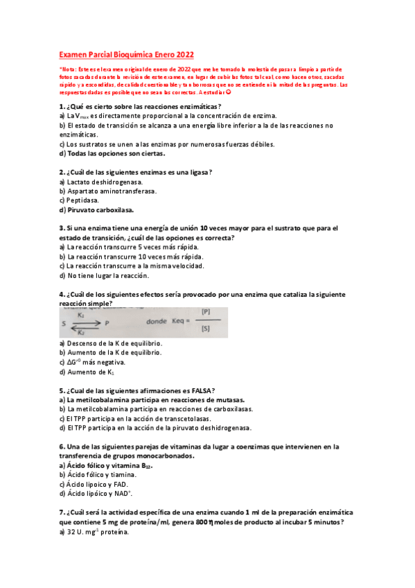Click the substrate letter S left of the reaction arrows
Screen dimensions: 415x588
[64, 322]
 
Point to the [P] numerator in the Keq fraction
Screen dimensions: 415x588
[205, 311]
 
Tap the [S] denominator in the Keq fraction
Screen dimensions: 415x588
[205, 330]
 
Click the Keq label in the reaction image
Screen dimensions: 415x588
[179, 322]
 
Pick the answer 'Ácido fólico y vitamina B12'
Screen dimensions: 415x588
[111, 465]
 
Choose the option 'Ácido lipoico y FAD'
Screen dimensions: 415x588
[97, 484]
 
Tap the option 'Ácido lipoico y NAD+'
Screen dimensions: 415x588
[100, 494]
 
